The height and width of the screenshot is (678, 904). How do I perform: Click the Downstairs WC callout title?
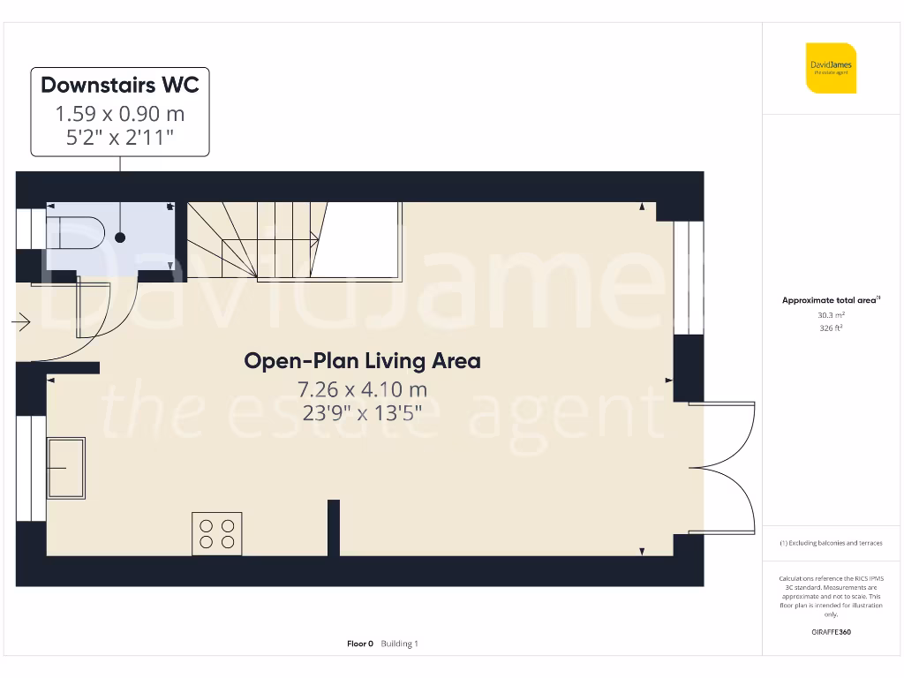tap(120, 85)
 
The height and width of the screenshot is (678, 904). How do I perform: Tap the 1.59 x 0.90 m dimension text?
tap(120, 114)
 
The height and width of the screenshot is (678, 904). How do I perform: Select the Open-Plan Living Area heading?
tap(362, 361)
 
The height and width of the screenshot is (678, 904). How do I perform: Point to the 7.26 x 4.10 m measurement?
tap(362, 389)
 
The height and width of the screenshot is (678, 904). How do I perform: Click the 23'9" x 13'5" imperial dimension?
tap(362, 412)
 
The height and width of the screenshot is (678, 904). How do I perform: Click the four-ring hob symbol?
tap(217, 534)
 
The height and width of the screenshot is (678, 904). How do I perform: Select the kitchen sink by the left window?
tap(65, 467)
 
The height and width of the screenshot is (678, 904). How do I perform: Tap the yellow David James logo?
tap(831, 68)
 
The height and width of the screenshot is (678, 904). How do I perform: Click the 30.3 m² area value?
tap(831, 315)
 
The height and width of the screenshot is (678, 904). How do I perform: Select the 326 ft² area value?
tap(831, 328)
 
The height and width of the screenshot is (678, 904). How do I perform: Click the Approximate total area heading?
tap(830, 301)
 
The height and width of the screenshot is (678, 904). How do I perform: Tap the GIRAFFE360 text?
tap(831, 632)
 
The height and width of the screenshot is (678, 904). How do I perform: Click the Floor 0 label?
tap(360, 644)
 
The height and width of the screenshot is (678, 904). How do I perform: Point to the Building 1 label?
tap(400, 644)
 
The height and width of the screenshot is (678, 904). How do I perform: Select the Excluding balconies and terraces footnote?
tap(831, 543)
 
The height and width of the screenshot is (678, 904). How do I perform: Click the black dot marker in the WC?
tap(120, 237)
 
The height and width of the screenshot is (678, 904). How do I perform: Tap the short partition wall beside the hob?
tap(334, 528)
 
